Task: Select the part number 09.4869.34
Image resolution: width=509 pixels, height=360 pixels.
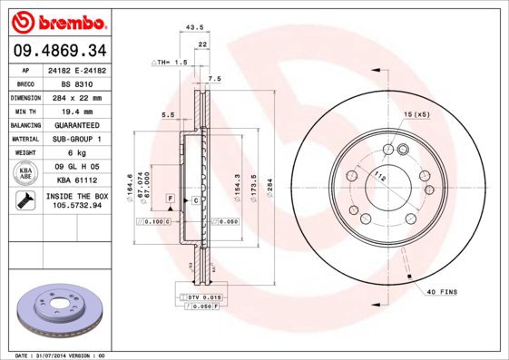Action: point(57,51)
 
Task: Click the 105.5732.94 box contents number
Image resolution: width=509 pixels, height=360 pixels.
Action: point(75,206)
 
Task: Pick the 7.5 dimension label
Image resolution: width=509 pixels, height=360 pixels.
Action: point(214,79)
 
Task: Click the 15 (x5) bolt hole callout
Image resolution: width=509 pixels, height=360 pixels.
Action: point(415,113)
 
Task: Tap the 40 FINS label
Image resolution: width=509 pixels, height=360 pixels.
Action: point(440,291)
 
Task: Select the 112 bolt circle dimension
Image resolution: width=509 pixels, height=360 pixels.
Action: point(380,178)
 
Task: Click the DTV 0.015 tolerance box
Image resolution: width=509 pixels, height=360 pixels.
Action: point(201,297)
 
